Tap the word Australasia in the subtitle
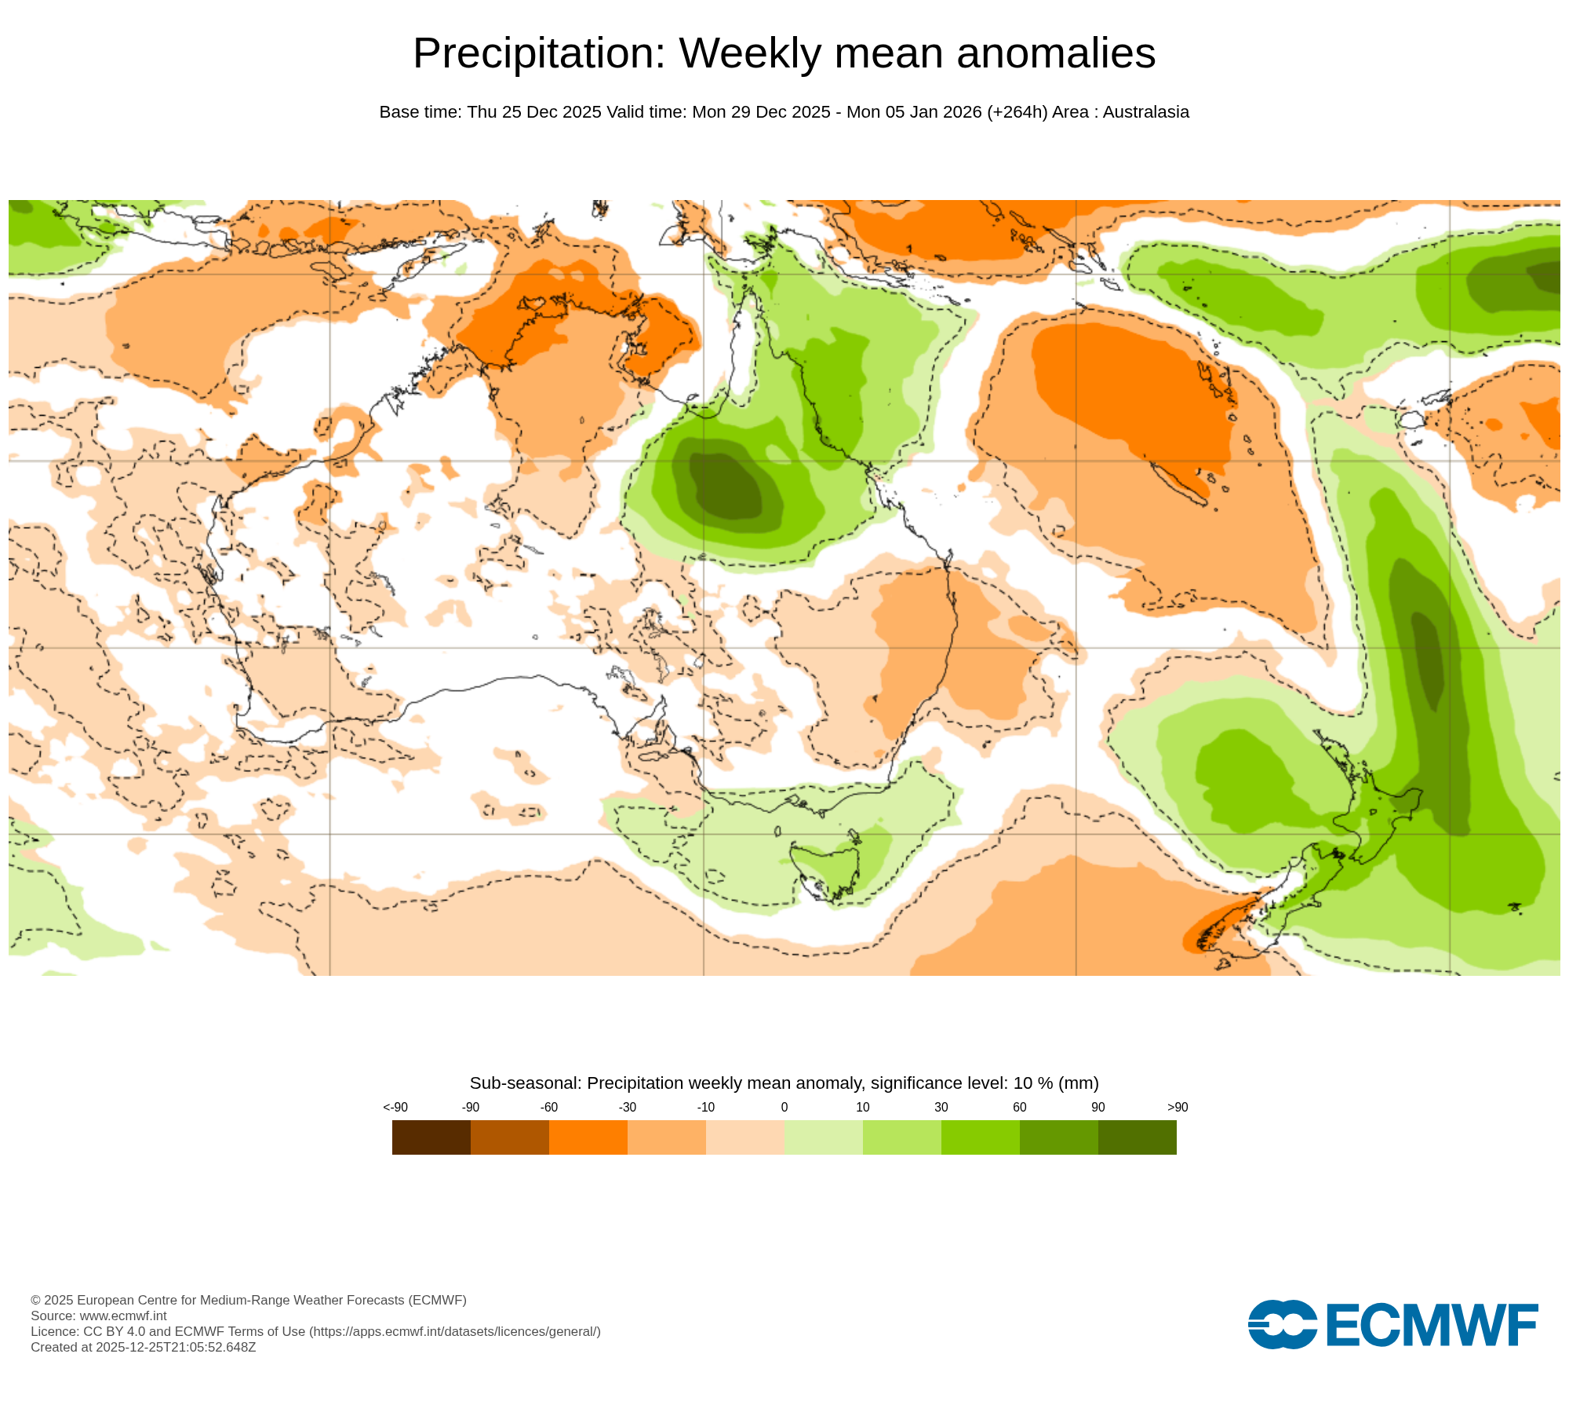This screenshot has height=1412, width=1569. click(x=1145, y=112)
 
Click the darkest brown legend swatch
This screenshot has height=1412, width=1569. click(x=431, y=1137)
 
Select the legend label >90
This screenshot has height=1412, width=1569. click(x=1177, y=1107)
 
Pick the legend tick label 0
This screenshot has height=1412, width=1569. click(x=784, y=1107)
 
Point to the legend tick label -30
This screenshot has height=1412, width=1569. click(x=627, y=1107)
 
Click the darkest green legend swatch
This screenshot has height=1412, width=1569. click(x=1137, y=1137)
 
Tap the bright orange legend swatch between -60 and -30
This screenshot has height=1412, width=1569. click(x=588, y=1137)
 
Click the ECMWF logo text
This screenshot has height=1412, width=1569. click(x=1431, y=1325)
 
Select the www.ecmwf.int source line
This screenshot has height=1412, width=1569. click(x=99, y=1316)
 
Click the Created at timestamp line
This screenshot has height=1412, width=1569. click(x=143, y=1347)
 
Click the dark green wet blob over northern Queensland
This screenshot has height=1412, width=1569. click(x=726, y=486)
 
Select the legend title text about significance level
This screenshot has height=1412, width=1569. click(x=784, y=1083)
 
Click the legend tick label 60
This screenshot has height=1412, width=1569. click(x=1019, y=1107)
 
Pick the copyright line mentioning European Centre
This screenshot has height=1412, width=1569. click(x=248, y=1300)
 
